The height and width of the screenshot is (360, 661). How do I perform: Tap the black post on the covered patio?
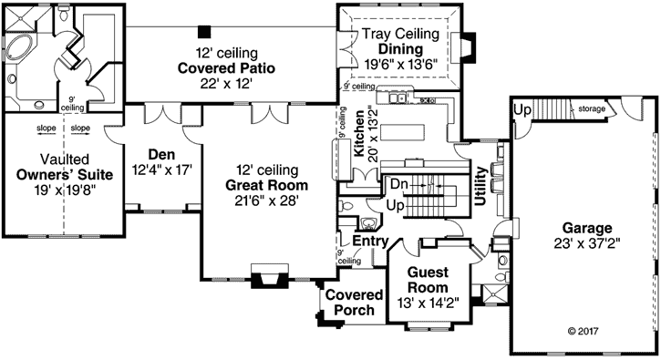(x=205, y=31)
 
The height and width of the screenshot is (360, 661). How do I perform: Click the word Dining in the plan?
(x=401, y=49)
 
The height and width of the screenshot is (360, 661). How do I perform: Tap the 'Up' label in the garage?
(x=522, y=109)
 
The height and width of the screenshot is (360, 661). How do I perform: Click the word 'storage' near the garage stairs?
(x=591, y=109)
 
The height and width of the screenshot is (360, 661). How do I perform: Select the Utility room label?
(x=480, y=187)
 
